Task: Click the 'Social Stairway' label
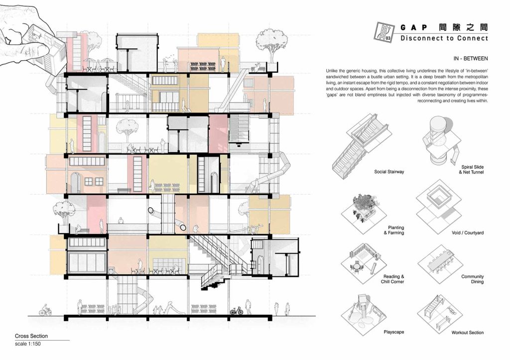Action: click(x=389, y=172)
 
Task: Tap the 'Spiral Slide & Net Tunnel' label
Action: click(x=471, y=169)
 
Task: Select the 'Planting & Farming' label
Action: click(x=394, y=230)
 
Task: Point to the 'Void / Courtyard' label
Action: click(x=467, y=233)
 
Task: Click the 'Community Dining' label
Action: click(x=472, y=279)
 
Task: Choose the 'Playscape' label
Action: click(x=393, y=332)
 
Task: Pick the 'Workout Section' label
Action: click(x=467, y=332)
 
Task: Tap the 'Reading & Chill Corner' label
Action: click(x=392, y=279)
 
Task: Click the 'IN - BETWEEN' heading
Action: click(x=471, y=59)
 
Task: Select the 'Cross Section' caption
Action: click(x=31, y=336)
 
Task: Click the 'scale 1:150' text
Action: click(x=28, y=344)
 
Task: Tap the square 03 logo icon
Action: click(x=384, y=32)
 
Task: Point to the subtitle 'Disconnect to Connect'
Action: click(x=444, y=38)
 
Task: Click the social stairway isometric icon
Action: click(x=362, y=145)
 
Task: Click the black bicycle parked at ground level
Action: click(x=237, y=311)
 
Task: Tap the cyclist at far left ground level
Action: click(x=45, y=310)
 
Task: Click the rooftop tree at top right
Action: click(x=269, y=45)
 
